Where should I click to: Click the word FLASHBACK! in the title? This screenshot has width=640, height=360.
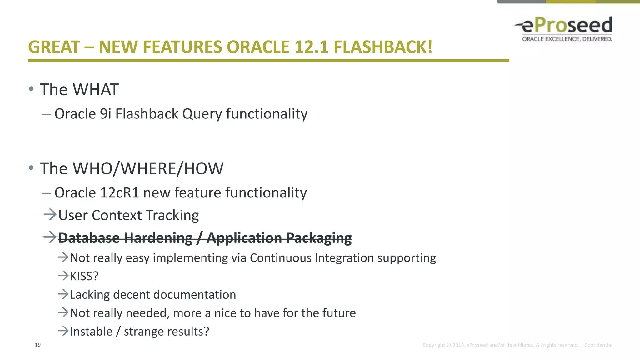[x=383, y=47]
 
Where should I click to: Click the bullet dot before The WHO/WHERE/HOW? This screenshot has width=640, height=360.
[x=31, y=168]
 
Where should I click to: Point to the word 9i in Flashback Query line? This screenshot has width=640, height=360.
[x=105, y=114]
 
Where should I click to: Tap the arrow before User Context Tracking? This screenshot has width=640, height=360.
[x=50, y=215]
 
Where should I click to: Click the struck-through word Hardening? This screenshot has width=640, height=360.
[x=158, y=238]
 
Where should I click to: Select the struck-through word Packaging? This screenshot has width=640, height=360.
[x=319, y=238]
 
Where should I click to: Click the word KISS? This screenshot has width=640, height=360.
[x=84, y=276]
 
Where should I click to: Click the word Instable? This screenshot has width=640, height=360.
[x=91, y=332]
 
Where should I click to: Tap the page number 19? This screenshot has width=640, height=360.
[x=38, y=345]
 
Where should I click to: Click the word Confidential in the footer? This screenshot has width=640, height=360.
[x=598, y=345]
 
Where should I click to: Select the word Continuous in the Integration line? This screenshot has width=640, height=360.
[x=280, y=258]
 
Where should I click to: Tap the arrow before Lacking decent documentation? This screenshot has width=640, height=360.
[x=63, y=294]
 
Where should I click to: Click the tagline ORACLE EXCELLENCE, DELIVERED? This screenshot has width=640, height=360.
[x=567, y=39]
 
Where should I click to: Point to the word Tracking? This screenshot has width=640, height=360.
[x=172, y=216]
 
